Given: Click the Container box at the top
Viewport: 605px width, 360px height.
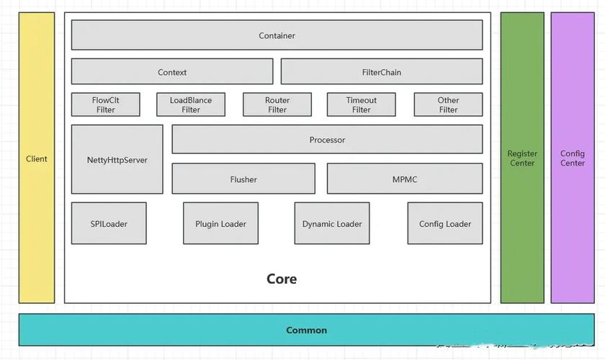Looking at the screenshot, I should [277, 35].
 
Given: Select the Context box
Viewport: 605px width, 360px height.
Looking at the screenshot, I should [172, 72].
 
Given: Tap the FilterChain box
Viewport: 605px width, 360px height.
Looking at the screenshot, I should [381, 72].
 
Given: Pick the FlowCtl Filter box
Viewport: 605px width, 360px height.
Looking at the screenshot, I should [105, 105].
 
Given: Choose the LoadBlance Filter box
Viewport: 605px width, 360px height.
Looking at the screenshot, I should [191, 105].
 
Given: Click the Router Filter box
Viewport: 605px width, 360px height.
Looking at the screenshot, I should [277, 105].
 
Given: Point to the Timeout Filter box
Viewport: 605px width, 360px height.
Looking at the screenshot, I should [361, 105].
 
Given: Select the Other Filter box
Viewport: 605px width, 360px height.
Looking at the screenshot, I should [448, 105].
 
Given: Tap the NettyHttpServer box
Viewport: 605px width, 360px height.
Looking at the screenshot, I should [117, 160].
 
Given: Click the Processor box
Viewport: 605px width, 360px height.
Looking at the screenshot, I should [327, 140].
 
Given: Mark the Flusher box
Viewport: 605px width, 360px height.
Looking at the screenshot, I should [243, 179].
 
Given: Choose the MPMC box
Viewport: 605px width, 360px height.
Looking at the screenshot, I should [405, 179].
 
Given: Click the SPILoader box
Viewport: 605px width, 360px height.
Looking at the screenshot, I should [109, 224].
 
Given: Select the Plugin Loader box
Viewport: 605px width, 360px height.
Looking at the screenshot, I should [220, 224].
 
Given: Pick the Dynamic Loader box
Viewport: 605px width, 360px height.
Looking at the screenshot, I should [332, 224].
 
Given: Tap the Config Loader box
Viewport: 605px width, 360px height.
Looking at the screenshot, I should [445, 224].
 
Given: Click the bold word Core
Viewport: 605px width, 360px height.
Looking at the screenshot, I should [282, 279].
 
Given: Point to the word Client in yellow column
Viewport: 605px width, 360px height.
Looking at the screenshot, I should [37, 158].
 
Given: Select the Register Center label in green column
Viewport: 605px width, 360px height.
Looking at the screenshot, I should [522, 158].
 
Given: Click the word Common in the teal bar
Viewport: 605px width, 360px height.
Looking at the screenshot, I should [307, 330].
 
